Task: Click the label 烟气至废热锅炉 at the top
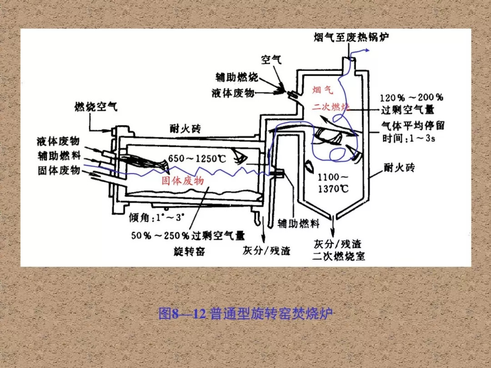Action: point(351,36)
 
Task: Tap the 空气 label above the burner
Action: point(271,59)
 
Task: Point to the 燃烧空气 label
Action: point(96,107)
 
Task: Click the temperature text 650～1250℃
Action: point(197,159)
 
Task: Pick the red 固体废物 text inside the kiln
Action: point(183,181)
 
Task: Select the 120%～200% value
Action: point(411,98)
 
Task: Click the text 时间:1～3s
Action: point(409,138)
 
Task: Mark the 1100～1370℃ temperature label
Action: point(333,183)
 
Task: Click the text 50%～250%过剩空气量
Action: point(188,235)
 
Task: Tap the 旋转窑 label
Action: point(190,251)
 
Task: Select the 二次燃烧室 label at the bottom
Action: point(339,256)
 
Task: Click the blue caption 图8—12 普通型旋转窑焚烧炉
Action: point(245,313)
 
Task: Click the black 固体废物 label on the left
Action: point(59,170)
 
